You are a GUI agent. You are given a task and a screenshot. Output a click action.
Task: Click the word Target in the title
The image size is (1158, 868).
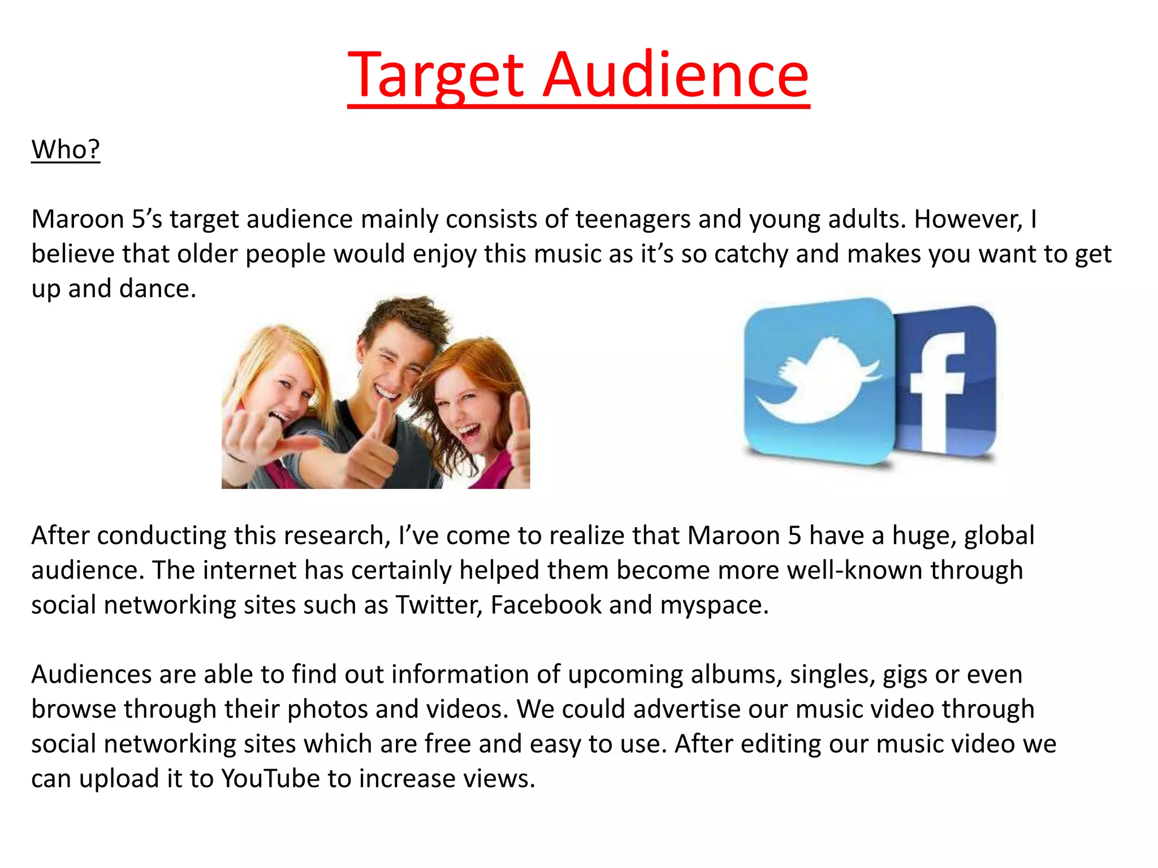coord(435,76)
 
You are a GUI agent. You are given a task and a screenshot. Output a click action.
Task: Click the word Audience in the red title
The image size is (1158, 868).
coord(676,76)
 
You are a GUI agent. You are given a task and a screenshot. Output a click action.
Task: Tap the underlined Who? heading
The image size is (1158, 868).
coord(66,150)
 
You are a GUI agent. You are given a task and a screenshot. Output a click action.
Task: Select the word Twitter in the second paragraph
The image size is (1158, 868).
coord(439,605)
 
